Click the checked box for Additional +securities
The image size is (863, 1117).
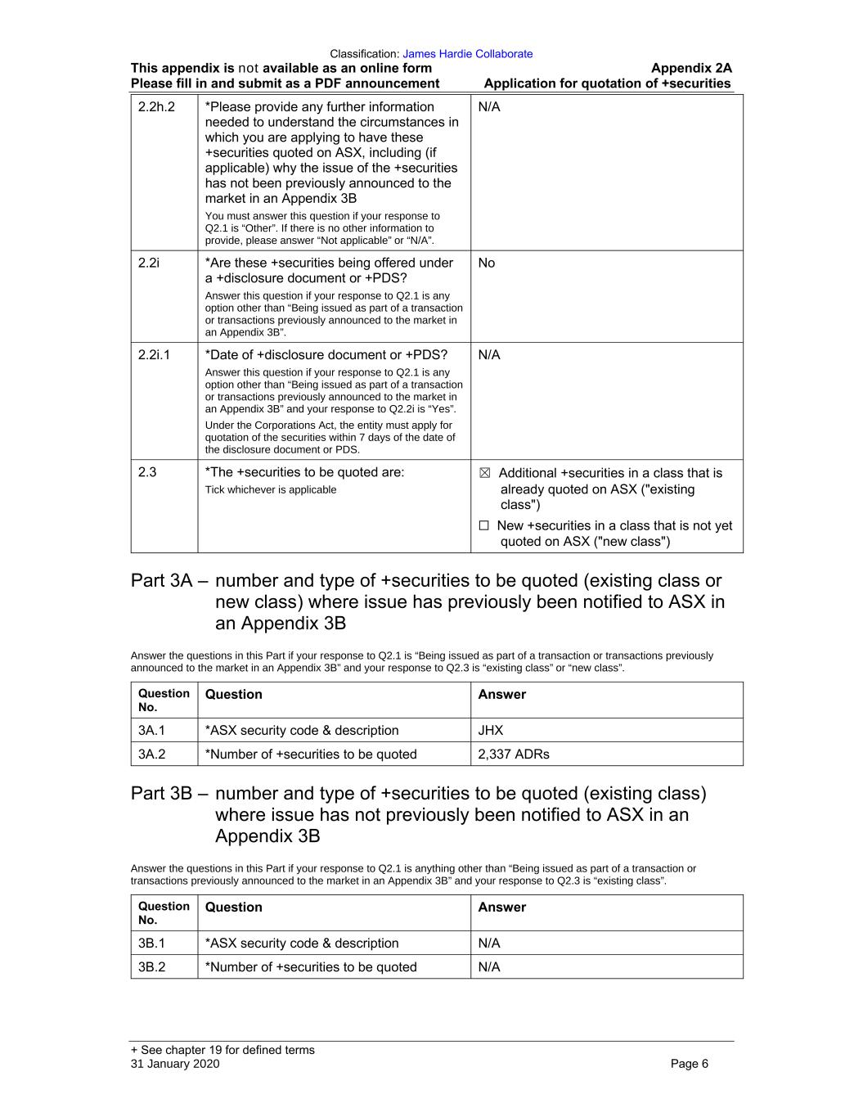point(484,473)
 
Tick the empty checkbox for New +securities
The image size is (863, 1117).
point(484,526)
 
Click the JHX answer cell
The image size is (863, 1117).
point(491,730)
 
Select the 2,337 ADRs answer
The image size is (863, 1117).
point(514,754)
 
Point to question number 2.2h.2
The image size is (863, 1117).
point(156,106)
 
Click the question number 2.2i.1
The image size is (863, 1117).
point(154,354)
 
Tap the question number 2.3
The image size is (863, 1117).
point(147,472)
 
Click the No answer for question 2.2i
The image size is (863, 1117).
point(487,263)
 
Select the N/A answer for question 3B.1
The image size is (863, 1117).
point(489,943)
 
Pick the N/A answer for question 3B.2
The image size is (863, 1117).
point(489,966)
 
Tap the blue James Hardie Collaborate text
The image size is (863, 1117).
point(467,54)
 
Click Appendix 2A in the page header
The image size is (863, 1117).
point(691,69)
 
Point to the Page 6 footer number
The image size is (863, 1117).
point(689,1064)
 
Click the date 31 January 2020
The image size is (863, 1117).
point(175,1064)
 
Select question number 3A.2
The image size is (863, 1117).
point(151,754)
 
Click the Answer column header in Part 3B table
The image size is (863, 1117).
point(501,907)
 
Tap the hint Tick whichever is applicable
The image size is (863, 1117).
point(271,490)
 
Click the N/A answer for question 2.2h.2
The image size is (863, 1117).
point(489,106)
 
